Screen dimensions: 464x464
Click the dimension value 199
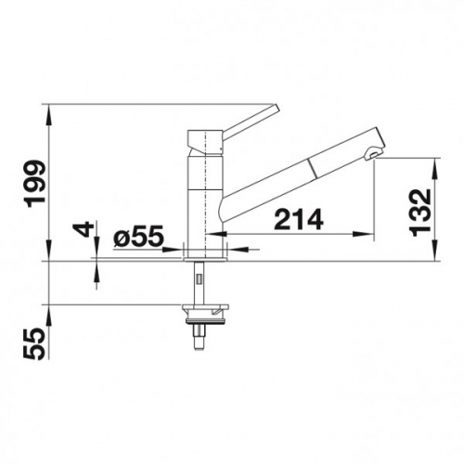(x=36, y=184)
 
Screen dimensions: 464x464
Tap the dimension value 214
(x=299, y=220)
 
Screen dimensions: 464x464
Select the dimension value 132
(x=419, y=212)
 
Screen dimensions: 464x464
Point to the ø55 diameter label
(x=138, y=237)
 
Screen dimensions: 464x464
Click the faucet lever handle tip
(x=276, y=108)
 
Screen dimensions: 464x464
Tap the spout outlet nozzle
(x=371, y=154)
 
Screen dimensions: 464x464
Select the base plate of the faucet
(x=205, y=259)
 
